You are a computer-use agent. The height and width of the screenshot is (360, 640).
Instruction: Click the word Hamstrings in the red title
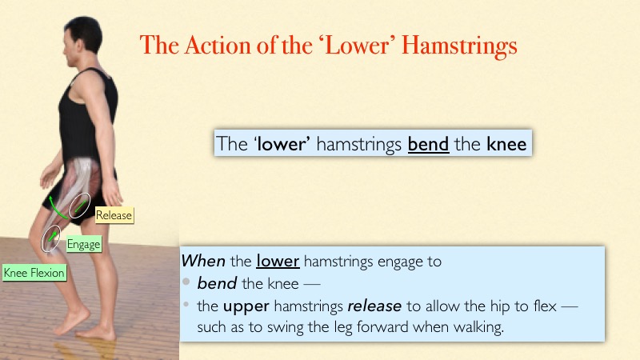tap(459, 46)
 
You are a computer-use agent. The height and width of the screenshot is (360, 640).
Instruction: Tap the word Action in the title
tap(218, 45)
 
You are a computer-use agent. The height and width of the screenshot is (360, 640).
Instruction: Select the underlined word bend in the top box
tap(428, 144)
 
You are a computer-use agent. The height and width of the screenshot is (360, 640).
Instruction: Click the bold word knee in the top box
tap(506, 144)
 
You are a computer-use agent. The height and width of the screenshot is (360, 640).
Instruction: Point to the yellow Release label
tap(114, 215)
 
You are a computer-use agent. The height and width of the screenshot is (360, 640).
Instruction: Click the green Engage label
tap(84, 244)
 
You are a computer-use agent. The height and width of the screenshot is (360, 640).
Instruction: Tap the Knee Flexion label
tap(34, 273)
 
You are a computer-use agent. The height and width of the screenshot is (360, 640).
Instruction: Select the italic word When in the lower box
tap(203, 262)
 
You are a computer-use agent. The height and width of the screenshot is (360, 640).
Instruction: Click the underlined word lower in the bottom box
tap(278, 262)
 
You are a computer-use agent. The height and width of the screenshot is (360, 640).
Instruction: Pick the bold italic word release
tap(374, 306)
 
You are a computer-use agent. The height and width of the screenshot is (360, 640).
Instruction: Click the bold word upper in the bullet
tap(246, 307)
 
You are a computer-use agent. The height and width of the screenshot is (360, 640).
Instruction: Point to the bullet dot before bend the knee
tap(186, 282)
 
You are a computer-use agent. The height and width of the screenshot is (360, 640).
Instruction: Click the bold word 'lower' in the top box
tap(282, 144)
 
